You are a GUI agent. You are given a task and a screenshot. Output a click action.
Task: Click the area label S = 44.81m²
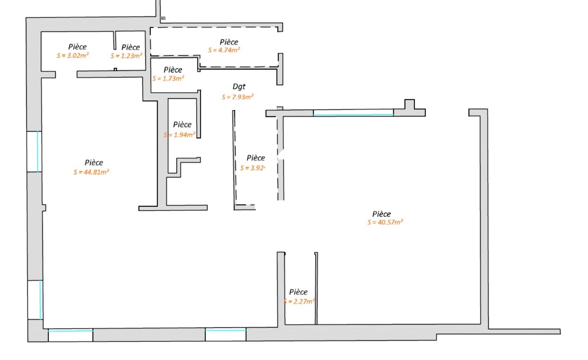[x=91, y=172]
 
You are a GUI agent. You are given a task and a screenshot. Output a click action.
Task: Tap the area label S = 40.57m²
[x=385, y=222]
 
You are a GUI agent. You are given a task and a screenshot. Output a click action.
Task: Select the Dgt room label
[x=239, y=87]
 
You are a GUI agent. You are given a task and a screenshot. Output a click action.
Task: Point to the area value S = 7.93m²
[x=237, y=97]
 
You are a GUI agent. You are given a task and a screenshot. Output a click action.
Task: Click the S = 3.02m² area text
[x=73, y=56]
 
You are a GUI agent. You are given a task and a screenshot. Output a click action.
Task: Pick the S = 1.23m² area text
[x=126, y=56]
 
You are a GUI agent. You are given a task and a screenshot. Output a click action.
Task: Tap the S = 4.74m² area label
[x=224, y=50]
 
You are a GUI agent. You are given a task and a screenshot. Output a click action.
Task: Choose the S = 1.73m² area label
[x=168, y=78]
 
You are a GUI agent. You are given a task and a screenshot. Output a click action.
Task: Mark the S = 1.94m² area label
[x=180, y=135]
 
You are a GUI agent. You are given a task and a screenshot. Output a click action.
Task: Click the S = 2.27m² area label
[x=299, y=302]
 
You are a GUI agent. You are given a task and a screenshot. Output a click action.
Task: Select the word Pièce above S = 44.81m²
[x=94, y=163]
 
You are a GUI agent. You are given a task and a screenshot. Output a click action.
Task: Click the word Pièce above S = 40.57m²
[x=381, y=214]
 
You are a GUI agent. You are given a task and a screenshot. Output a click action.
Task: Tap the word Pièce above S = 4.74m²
[x=229, y=42]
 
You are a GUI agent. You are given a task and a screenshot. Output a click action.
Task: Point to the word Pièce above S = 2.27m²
[x=298, y=292]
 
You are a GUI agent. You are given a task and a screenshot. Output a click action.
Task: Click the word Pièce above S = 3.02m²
[x=78, y=47]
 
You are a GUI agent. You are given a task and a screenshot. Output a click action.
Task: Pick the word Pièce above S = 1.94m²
[x=182, y=125]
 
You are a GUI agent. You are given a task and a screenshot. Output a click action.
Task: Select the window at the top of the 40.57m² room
[x=353, y=113]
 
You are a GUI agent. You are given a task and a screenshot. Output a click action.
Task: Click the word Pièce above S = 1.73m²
[x=173, y=70]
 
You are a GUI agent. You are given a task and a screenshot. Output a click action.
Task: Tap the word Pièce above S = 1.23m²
[x=130, y=47]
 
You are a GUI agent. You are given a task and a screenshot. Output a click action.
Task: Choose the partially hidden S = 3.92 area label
[x=253, y=168]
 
